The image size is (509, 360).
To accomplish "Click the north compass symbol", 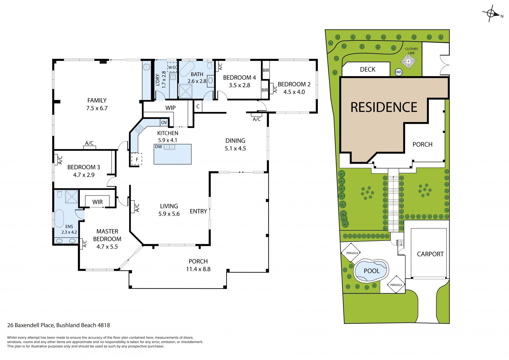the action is pyautogui.click(x=491, y=13).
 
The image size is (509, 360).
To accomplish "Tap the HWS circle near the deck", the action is pyautogui.click(x=398, y=72).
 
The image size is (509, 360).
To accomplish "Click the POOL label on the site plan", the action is pyautogui.click(x=372, y=271).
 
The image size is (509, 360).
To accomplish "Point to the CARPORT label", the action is pyautogui.click(x=430, y=254).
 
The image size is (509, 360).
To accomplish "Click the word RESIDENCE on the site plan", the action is pyautogui.click(x=384, y=107).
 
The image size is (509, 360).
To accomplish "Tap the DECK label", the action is pyautogui.click(x=367, y=69).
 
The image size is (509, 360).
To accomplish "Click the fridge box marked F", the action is pyautogui.click(x=137, y=159).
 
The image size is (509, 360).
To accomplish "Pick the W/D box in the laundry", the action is pyautogui.click(x=172, y=67).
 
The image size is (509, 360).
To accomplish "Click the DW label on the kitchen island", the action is pyautogui.click(x=159, y=147).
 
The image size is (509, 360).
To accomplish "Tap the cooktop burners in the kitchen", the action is pyautogui.click(x=139, y=129).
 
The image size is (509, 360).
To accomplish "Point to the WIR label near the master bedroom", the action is pyautogui.click(x=97, y=202).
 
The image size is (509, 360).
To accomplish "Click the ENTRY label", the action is pyautogui.click(x=198, y=211).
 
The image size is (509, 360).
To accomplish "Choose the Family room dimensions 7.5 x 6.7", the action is pyautogui.click(x=97, y=108).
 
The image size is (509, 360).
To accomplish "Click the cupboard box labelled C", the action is pyautogui.click(x=198, y=107).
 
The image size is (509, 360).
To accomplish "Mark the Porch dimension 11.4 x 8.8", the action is pyautogui.click(x=198, y=269).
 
